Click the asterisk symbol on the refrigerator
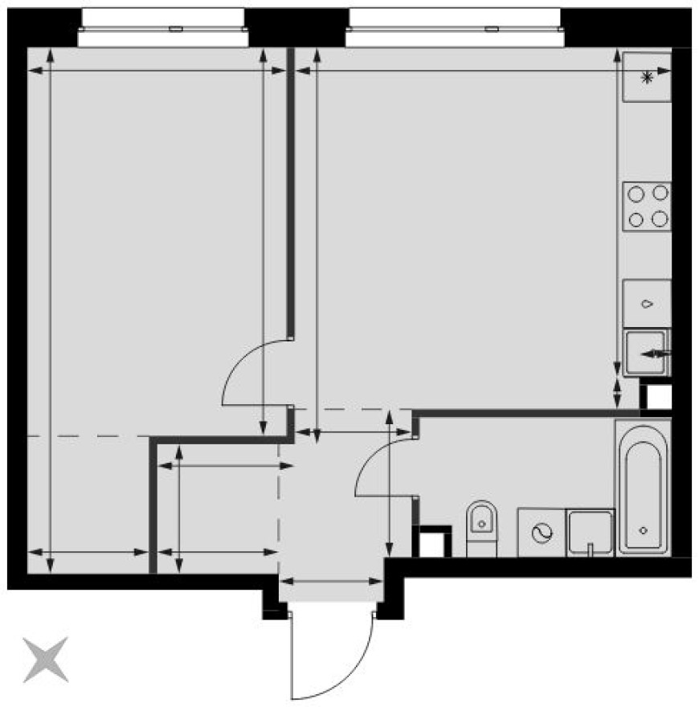point(648,77)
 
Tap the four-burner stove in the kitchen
point(648,206)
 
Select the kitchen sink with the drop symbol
point(648,304)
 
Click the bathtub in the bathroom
point(643,486)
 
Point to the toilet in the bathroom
point(481,526)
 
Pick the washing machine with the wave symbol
point(541,532)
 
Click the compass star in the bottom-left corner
point(45,659)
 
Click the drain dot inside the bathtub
point(643,530)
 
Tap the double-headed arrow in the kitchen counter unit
point(656,353)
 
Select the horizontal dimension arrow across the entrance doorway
point(332,581)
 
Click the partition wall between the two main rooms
point(291,193)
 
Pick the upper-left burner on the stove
point(636,193)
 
